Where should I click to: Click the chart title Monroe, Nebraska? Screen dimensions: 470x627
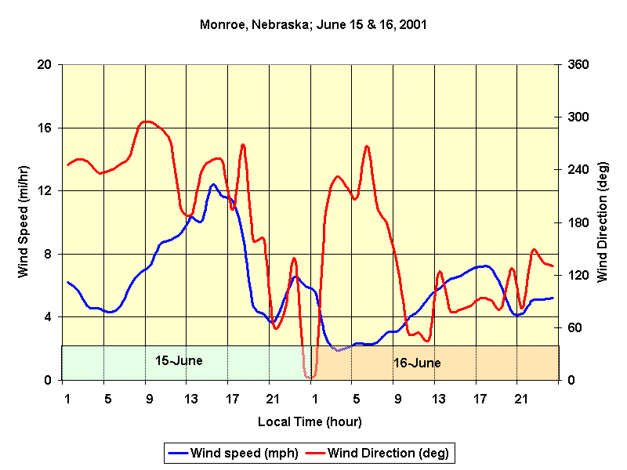pos(313,25)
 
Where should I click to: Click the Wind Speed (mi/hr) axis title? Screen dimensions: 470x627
pos(24,222)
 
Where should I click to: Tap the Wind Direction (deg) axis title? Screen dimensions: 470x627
pos(603,222)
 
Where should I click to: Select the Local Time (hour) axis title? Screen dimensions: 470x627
pos(310,421)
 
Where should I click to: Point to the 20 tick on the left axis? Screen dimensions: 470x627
pos(45,65)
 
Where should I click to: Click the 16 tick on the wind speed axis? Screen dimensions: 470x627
pos(45,128)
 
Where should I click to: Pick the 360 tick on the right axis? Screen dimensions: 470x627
pos(577,65)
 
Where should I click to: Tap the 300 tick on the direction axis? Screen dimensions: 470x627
pos(577,117)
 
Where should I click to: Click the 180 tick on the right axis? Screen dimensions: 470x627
pos(577,222)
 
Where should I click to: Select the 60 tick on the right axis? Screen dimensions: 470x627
pos(574,327)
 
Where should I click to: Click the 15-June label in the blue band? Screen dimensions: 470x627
pos(179,361)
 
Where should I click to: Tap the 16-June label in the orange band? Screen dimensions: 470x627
pos(416,363)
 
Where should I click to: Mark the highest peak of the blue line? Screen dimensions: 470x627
pos(213,184)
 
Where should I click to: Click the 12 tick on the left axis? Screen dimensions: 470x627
pos(45,191)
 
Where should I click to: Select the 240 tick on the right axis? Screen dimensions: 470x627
pos(577,170)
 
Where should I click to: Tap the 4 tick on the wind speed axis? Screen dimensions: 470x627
pos(48,317)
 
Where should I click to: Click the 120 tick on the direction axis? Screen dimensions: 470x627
pos(577,275)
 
